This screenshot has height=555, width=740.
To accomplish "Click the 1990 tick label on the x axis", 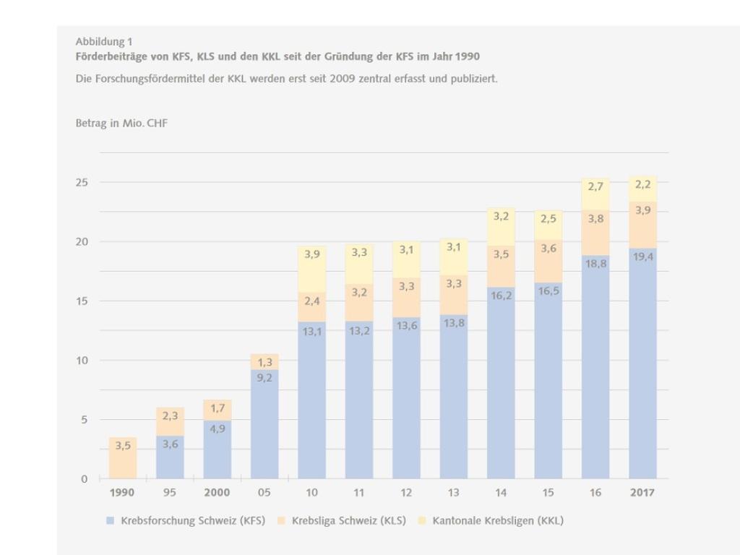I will (x=123, y=493).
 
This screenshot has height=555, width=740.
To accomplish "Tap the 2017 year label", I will (x=642, y=493).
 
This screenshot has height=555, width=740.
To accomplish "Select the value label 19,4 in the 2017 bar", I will (x=642, y=257).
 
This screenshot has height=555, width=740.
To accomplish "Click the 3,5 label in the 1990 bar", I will (x=123, y=446).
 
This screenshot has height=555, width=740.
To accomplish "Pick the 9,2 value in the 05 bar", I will (x=264, y=378).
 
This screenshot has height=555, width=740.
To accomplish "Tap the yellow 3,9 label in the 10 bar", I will (x=311, y=254).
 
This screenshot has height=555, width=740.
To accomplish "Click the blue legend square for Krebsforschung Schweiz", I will (x=110, y=520).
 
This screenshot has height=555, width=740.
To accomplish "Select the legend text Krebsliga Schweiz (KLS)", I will (x=348, y=520).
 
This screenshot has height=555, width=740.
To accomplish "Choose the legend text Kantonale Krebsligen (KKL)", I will (x=498, y=520).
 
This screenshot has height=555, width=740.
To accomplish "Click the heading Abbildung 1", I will (x=104, y=42).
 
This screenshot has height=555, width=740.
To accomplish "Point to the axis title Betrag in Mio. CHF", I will (x=121, y=124).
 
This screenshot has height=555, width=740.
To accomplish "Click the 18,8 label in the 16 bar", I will (x=595, y=264).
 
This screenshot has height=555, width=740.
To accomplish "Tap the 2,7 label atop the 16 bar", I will (x=595, y=186).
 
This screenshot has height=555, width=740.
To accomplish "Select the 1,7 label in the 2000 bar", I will (x=217, y=409).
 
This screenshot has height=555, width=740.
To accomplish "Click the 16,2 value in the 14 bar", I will (x=500, y=296).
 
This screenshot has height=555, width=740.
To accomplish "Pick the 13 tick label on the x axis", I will (x=453, y=493).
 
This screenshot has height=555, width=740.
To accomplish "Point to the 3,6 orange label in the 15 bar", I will (x=548, y=249).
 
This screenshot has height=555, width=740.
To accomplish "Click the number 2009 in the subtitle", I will (x=343, y=79).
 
